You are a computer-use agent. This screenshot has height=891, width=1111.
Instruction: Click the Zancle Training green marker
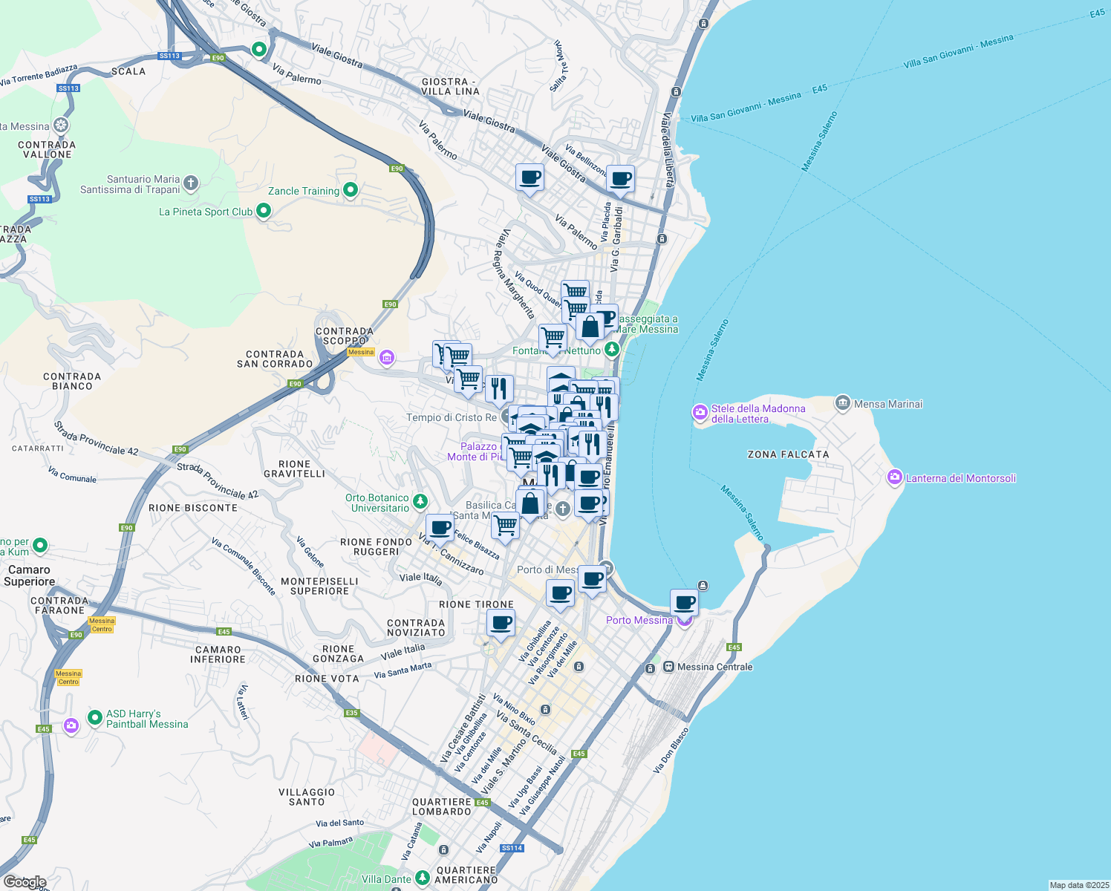[x=351, y=191]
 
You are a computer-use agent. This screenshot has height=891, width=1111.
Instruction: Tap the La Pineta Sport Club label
[x=206, y=212]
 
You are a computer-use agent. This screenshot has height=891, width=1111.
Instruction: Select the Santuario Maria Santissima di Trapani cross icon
[x=191, y=183]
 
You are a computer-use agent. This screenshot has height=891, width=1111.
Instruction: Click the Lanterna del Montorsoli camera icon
[x=895, y=477]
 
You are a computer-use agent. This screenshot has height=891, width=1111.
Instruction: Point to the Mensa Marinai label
[x=888, y=404]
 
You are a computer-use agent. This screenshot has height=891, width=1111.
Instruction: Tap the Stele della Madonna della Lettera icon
[x=700, y=412]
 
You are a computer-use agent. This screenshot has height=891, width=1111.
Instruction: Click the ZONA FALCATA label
[x=788, y=454]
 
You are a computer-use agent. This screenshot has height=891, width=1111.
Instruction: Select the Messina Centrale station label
[x=714, y=667]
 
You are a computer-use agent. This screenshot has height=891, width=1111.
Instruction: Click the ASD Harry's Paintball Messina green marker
[x=94, y=717]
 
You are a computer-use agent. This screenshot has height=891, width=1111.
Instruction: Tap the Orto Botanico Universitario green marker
[x=420, y=502]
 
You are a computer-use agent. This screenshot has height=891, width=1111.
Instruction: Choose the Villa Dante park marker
[x=422, y=878]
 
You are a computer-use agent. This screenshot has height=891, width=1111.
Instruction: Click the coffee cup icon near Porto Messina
[x=684, y=602]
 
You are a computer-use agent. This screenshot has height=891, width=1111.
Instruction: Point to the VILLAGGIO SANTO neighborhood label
[x=307, y=797]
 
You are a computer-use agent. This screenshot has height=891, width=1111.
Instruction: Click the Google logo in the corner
[x=25, y=881]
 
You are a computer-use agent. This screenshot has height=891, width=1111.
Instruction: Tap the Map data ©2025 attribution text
[x=1078, y=884]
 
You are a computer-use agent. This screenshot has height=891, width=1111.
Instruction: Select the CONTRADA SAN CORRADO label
[x=275, y=359]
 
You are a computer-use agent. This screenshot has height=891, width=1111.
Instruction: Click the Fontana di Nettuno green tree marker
[x=611, y=349]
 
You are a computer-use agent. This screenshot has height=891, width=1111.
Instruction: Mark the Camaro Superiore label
[x=29, y=575]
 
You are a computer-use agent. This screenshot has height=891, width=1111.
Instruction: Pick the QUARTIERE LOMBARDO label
[x=441, y=806]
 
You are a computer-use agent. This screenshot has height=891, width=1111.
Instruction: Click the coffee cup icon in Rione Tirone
[x=501, y=623]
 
